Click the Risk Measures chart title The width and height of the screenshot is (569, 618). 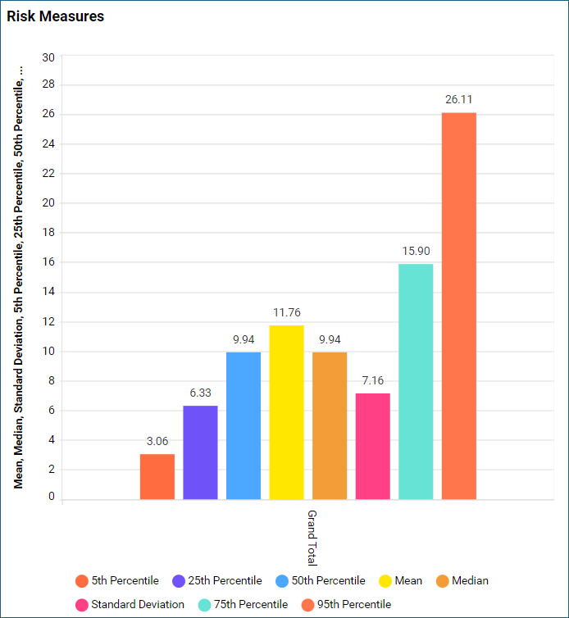(x=56, y=16)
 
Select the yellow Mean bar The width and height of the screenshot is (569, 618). (x=286, y=412)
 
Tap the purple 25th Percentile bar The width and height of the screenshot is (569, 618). (x=200, y=452)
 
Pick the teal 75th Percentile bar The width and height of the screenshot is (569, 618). (x=416, y=381)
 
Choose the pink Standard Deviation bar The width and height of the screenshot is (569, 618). (x=372, y=446)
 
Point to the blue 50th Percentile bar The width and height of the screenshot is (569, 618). (x=244, y=425)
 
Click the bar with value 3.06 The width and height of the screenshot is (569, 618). (x=157, y=476)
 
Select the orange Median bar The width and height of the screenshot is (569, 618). (x=330, y=425)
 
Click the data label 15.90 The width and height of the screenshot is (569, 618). (x=416, y=251)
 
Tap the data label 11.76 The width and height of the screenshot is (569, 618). (x=286, y=312)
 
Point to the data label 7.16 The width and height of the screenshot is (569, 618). (x=372, y=380)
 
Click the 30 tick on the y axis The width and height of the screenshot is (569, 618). (x=48, y=57)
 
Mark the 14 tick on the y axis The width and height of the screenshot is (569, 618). (x=48, y=293)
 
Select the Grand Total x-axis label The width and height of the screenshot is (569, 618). (x=312, y=538)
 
